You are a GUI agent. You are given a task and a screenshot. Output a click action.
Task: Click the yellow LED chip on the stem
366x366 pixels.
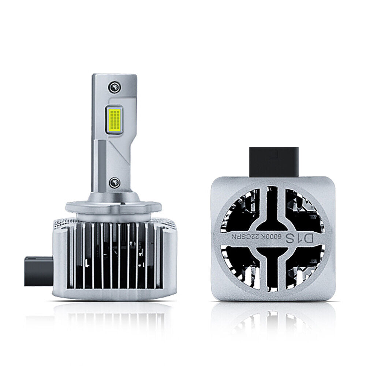point(115,120)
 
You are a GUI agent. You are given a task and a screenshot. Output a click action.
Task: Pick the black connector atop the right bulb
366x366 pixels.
point(274,162)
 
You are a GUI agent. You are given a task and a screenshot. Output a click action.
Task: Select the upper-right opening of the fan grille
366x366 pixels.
point(304,210)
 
